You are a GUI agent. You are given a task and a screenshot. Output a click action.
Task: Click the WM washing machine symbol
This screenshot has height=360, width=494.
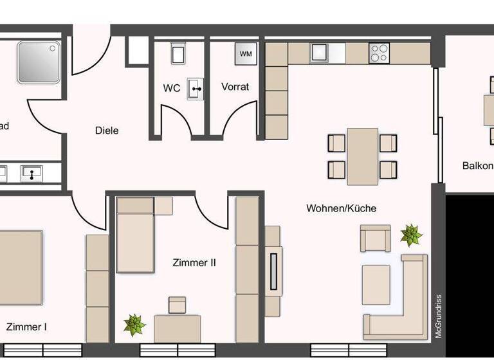pyautogui.click(x=246, y=54)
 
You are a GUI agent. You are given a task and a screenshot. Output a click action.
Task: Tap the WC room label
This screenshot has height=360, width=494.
pyautogui.click(x=171, y=88)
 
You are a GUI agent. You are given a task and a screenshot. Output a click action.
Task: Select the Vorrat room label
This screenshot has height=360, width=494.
pyautogui.click(x=235, y=87)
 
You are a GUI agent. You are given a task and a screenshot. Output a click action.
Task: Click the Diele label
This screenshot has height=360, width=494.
pyautogui.click(x=107, y=130)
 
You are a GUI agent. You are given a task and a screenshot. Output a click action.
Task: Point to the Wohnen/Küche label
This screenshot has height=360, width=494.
pyautogui.click(x=341, y=208)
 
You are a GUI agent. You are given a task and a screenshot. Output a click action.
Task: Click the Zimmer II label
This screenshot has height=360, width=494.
pyautogui.click(x=194, y=263)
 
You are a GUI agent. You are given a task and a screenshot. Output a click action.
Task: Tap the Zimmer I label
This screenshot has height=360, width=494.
pyautogui.click(x=26, y=327)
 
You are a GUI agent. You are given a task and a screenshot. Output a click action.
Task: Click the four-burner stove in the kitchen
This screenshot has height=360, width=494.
pyautogui.click(x=379, y=53)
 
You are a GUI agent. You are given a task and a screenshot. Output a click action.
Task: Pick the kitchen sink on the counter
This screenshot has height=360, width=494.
pyautogui.click(x=319, y=52)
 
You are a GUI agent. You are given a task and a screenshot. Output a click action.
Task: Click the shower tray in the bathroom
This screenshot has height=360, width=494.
pyautogui.click(x=38, y=62)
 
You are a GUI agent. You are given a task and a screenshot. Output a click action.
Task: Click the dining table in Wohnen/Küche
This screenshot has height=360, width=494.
pyautogui.click(x=362, y=155)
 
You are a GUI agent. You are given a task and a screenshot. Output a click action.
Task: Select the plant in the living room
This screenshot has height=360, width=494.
pyautogui.click(x=410, y=235)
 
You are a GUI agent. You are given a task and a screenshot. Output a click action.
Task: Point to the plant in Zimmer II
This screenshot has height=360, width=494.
pyautogui.click(x=134, y=325)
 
